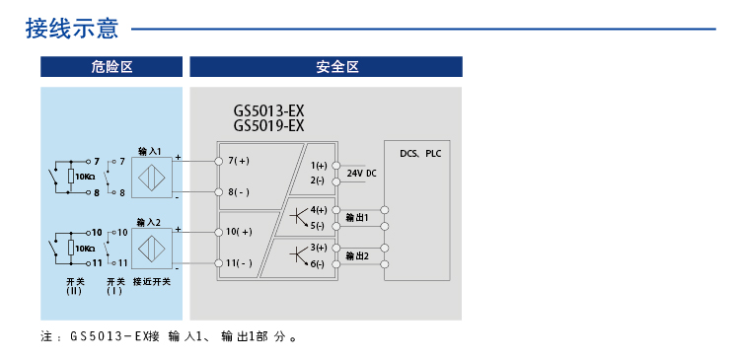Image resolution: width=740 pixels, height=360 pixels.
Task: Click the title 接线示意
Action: [72, 28]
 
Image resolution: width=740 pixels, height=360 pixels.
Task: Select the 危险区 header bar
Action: [111, 67]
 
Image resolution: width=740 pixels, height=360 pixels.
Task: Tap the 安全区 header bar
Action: [326, 67]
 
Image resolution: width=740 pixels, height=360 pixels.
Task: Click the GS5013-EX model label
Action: [268, 111]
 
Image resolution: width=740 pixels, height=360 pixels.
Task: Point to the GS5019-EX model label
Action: [268, 125]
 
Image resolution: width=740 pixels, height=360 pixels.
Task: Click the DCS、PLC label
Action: [421, 155]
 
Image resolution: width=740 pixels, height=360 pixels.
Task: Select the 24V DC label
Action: [362, 173]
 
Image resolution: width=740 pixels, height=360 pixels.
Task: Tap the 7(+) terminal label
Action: [239, 160]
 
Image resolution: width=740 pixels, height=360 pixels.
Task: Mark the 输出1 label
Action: [357, 217]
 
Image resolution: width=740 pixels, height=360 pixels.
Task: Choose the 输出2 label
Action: [357, 256]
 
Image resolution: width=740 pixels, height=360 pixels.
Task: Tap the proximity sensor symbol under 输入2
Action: [152, 248]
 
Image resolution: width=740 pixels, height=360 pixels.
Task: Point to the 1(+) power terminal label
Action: [319, 166]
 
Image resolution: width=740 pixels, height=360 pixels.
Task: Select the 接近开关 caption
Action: [152, 282]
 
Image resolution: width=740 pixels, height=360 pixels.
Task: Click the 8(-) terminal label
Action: [239, 191]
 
